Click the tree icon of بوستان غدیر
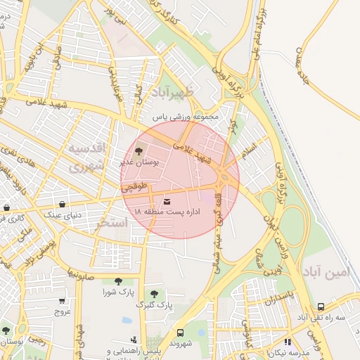coord(139,150)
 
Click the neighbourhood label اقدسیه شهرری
coord(86,157)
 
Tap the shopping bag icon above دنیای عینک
coord(63,205)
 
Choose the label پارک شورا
coord(117,291)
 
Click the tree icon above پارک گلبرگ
coord(154,293)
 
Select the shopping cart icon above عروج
coord(63,301)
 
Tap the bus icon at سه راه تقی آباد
coord(321,307)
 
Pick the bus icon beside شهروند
coord(180,333)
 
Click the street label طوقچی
coord(134,188)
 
